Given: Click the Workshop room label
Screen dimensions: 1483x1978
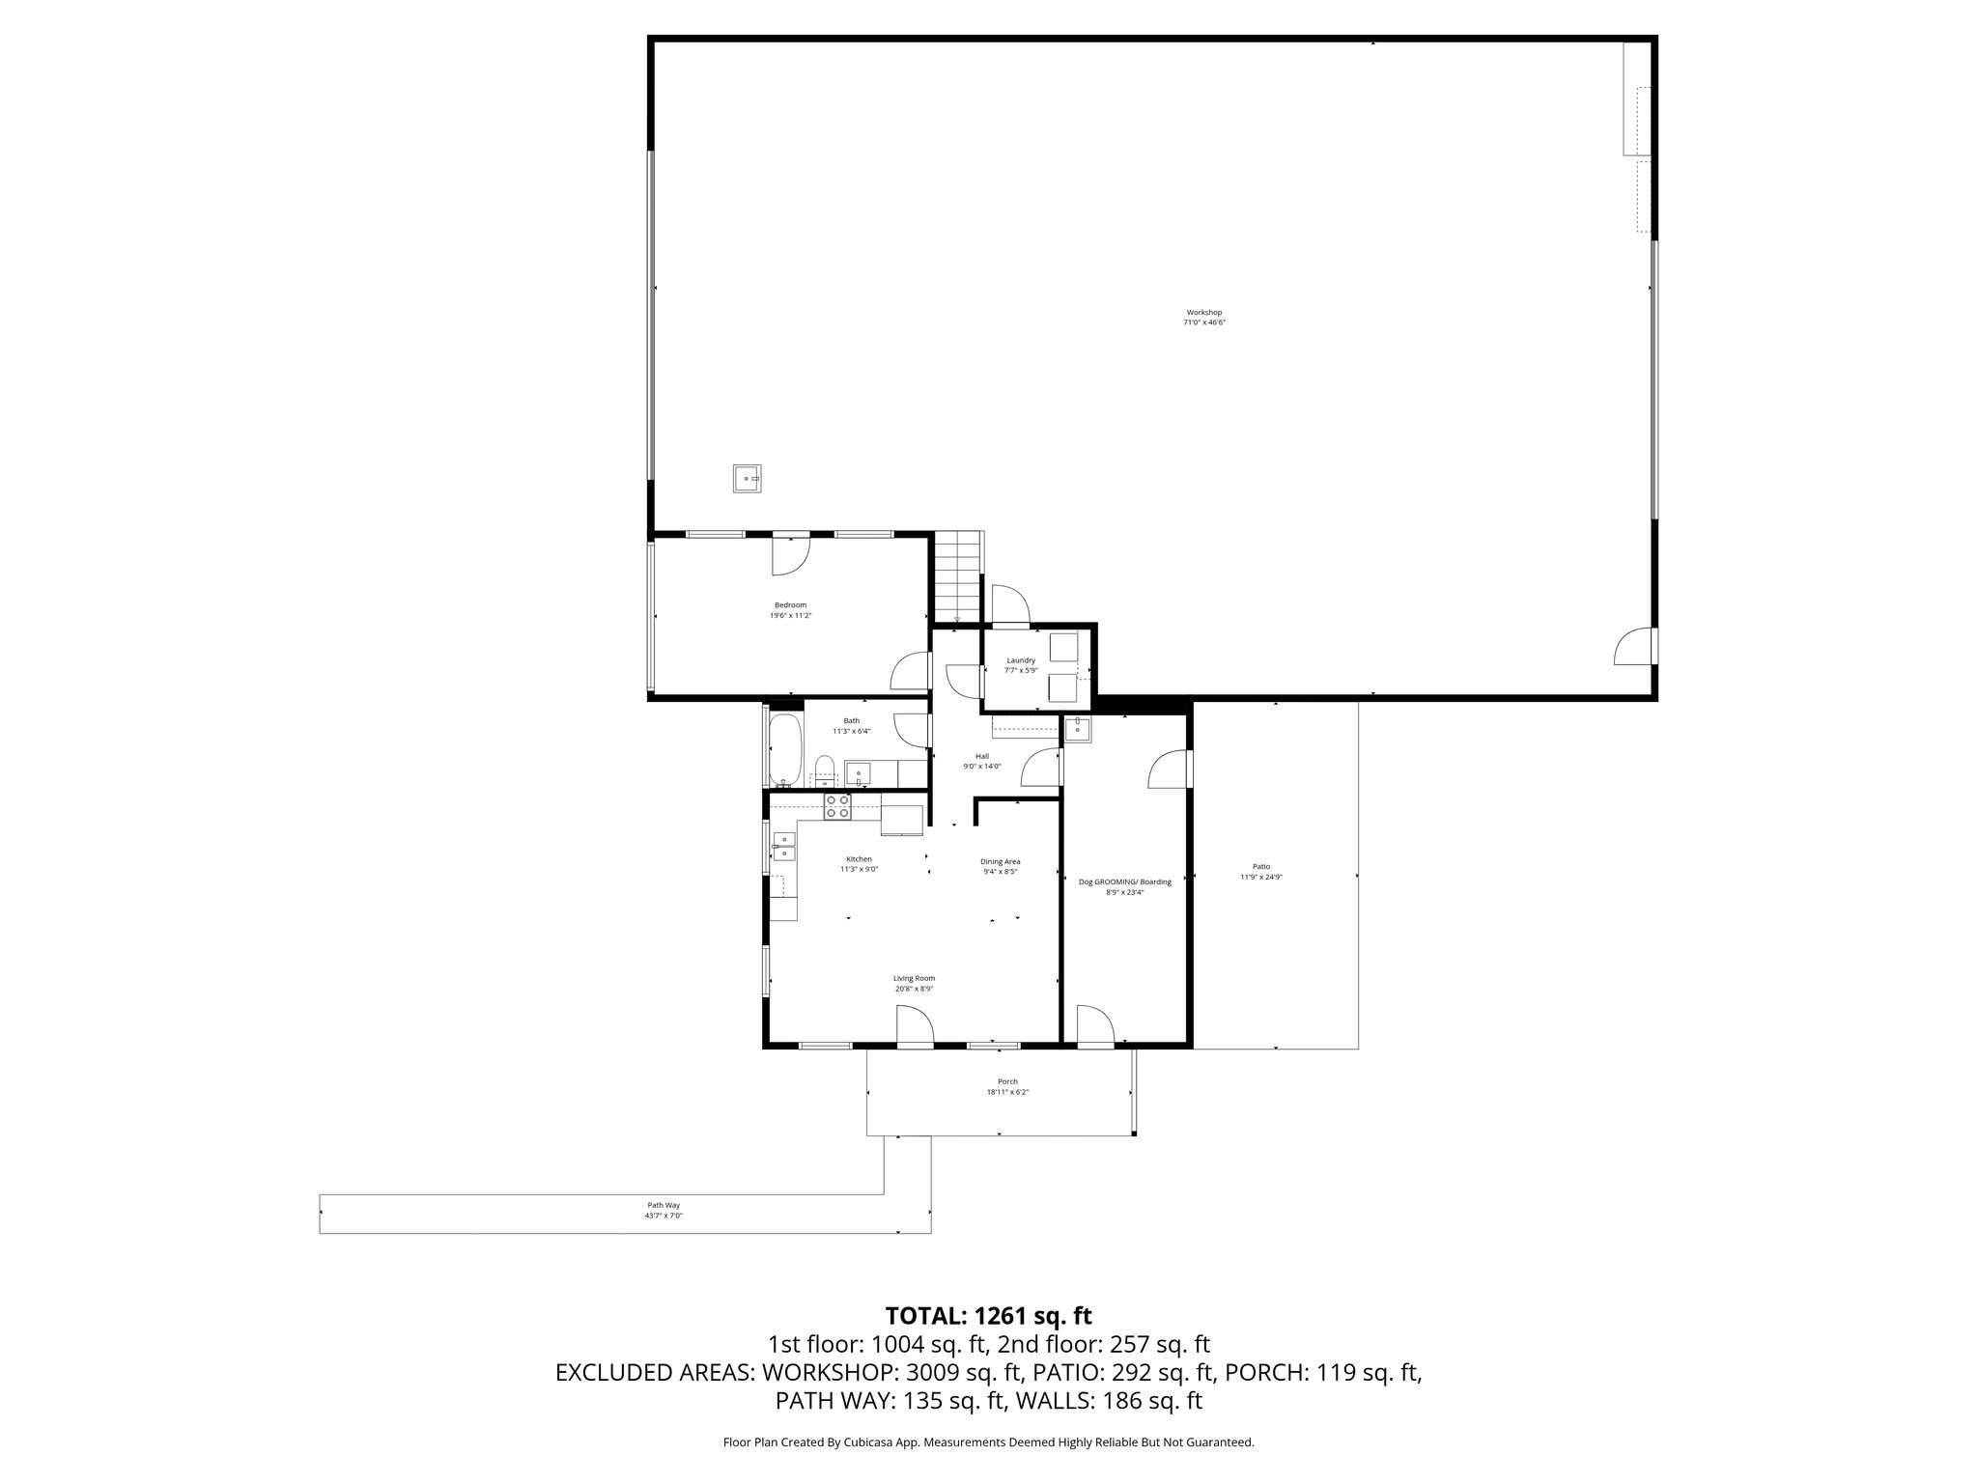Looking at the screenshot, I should [x=1204, y=313].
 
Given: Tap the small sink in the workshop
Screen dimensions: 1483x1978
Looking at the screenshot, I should [x=747, y=478].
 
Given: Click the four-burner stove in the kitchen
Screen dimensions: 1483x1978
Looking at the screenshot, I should [x=837, y=806].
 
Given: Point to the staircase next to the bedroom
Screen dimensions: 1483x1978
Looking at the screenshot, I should [x=957, y=577].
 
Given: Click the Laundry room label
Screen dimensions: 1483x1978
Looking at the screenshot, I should [x=1021, y=660].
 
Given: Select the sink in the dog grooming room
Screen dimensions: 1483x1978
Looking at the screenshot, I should [x=1077, y=730].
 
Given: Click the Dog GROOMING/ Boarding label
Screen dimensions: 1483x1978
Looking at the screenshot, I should [x=1124, y=881].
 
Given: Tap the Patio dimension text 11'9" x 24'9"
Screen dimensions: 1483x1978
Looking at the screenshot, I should [x=1261, y=877].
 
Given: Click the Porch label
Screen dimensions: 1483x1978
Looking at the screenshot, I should [x=1007, y=1081].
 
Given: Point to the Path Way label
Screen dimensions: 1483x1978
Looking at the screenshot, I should [x=664, y=1205].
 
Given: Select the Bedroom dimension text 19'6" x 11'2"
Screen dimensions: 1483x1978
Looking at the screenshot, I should [x=790, y=615].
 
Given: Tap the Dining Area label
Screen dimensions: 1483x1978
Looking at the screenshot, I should [x=1000, y=861].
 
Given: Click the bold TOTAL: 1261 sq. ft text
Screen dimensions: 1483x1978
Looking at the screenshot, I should [x=988, y=1316].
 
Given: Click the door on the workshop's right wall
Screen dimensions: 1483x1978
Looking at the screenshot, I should [x=1634, y=646].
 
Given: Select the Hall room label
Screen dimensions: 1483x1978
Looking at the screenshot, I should [x=982, y=756].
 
